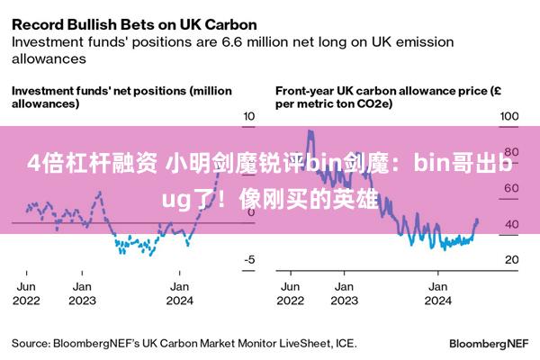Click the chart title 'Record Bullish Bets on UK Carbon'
(x=134, y=25)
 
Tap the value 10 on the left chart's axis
(x=249, y=116)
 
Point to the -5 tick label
(x=249, y=259)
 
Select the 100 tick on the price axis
(x=509, y=116)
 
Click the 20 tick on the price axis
(x=512, y=259)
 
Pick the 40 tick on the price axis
(x=512, y=224)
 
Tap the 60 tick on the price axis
(x=512, y=188)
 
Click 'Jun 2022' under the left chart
(x=26, y=293)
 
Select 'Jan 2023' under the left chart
(x=82, y=293)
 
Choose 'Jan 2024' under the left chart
(x=179, y=293)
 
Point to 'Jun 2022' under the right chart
(x=291, y=293)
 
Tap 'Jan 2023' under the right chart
(x=344, y=293)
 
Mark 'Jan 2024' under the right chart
(x=437, y=293)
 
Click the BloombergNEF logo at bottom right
(x=489, y=344)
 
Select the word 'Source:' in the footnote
(x=31, y=344)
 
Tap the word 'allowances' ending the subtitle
(x=49, y=58)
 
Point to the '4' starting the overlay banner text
(x=34, y=163)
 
